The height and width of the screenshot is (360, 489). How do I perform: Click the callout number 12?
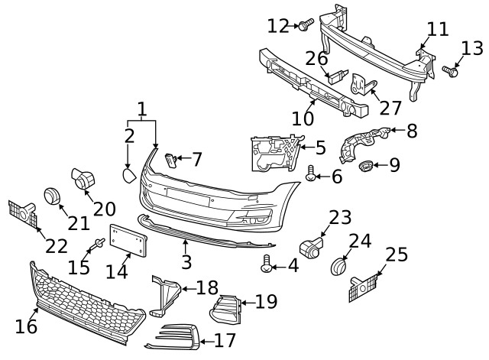click(278, 26)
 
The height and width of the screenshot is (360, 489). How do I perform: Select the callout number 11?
click(438, 30)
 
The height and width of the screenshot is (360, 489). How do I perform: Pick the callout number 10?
click(303, 118)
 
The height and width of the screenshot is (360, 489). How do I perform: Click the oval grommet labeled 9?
click(368, 164)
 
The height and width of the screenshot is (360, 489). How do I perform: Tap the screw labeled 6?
click(311, 172)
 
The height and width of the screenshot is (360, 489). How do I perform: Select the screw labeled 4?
click(267, 264)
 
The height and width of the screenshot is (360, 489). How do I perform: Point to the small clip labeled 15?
click(98, 245)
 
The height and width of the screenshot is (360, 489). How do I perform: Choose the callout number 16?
click(26, 326)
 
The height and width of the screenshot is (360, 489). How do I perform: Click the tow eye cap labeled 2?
click(128, 177)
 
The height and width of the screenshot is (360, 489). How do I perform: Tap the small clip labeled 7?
click(171, 159)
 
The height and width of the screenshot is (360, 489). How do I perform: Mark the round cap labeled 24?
click(338, 267)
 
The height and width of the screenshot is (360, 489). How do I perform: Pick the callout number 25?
click(396, 255)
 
